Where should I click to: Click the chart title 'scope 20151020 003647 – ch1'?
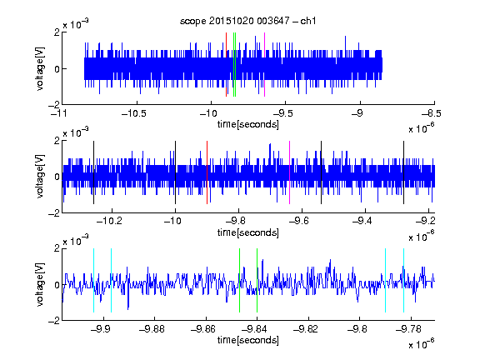click(247, 21)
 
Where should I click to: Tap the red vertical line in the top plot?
click(226, 65)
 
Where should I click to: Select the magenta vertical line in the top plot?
click(264, 65)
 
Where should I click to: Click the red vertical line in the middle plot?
click(207, 172)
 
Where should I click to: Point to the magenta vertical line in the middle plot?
click(290, 172)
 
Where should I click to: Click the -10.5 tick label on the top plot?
click(134, 113)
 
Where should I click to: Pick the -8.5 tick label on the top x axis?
click(432, 113)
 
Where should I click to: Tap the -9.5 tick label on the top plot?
click(282, 113)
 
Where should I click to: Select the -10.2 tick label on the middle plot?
click(109, 220)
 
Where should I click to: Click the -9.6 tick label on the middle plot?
click(299, 220)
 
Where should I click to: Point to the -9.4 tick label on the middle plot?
click(362, 220)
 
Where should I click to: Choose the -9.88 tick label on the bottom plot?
click(152, 329)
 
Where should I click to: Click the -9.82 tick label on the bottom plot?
click(306, 329)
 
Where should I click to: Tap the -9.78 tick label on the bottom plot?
click(408, 329)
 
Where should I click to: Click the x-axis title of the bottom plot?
click(248, 340)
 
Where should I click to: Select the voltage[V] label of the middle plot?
click(40, 176)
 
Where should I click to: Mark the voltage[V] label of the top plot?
click(40, 68)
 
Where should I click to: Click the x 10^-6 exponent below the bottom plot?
click(422, 344)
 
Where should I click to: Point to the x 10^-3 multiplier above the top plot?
click(76, 23)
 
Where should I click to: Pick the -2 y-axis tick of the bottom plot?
click(54, 321)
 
